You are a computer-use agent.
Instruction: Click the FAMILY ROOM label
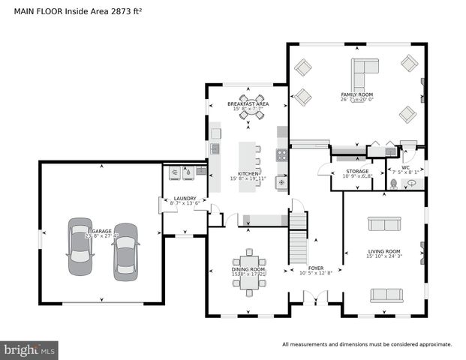(356, 93)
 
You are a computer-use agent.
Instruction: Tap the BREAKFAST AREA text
(248, 103)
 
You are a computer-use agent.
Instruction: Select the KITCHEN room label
(248, 173)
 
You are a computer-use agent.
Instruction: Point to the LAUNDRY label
(185, 199)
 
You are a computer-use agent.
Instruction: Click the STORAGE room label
(357, 172)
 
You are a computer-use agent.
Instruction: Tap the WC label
(405, 168)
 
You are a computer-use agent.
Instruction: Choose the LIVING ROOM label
(383, 251)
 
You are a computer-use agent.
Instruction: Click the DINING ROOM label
(248, 269)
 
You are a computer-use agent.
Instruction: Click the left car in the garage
(80, 247)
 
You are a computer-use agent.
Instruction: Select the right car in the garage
(125, 251)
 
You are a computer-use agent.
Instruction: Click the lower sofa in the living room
(386, 295)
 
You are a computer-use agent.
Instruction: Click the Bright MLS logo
(30, 349)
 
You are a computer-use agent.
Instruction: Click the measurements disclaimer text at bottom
(366, 344)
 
